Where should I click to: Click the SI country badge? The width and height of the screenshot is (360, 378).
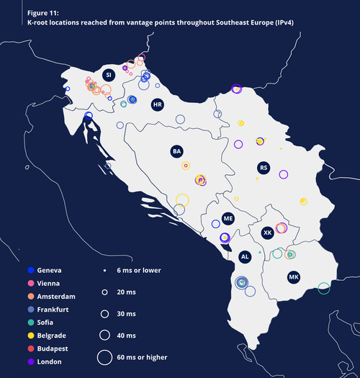pyautogui.click(x=109, y=75)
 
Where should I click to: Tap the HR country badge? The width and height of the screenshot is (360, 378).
pyautogui.click(x=157, y=105)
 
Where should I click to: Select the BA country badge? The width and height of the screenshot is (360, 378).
pyautogui.click(x=176, y=151)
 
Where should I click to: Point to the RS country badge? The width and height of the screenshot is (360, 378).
pyautogui.click(x=264, y=168)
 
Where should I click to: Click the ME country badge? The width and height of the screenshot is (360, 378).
pyautogui.click(x=228, y=217)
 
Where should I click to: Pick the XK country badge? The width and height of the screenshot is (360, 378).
pyautogui.click(x=267, y=233)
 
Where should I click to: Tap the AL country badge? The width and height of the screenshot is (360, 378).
pyautogui.click(x=245, y=256)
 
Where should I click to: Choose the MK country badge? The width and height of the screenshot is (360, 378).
pyautogui.click(x=293, y=277)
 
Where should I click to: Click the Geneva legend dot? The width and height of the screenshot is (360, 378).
pyautogui.click(x=30, y=271)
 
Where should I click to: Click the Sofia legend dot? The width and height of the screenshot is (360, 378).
pyautogui.click(x=30, y=323)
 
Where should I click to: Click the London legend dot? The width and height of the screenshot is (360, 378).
pyautogui.click(x=30, y=361)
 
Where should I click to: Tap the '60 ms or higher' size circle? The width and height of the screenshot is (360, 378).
pyautogui.click(x=104, y=356)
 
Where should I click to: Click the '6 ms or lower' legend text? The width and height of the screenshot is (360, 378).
pyautogui.click(x=139, y=271)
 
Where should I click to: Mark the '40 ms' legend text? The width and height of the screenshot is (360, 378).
pyautogui.click(x=127, y=335)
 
